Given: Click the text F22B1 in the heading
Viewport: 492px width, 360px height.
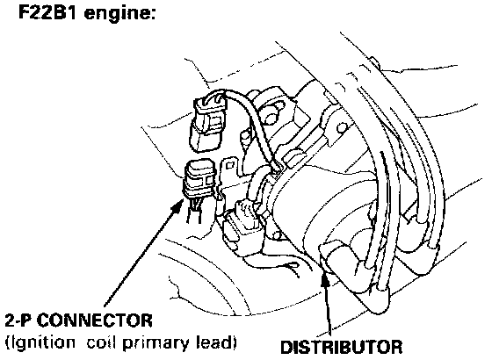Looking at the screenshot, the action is click(x=47, y=12).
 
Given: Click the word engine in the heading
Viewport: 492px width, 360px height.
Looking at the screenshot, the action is click(x=120, y=14).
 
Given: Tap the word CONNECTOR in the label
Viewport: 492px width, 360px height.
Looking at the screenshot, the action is click(x=96, y=320).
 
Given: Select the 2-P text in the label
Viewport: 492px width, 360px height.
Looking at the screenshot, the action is click(x=20, y=320).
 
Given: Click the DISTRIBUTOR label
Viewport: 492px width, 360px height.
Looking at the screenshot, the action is click(x=341, y=347).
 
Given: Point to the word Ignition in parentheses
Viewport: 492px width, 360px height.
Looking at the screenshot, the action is click(x=41, y=343).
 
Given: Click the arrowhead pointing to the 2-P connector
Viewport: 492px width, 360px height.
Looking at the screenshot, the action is click(x=178, y=205).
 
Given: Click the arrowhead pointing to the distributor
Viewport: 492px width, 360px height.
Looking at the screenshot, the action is click(x=325, y=280).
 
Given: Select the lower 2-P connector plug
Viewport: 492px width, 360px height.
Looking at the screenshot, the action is click(x=200, y=180).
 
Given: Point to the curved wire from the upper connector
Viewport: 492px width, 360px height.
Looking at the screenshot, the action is click(x=254, y=119).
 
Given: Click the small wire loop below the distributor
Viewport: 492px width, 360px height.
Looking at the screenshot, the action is click(x=290, y=267).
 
